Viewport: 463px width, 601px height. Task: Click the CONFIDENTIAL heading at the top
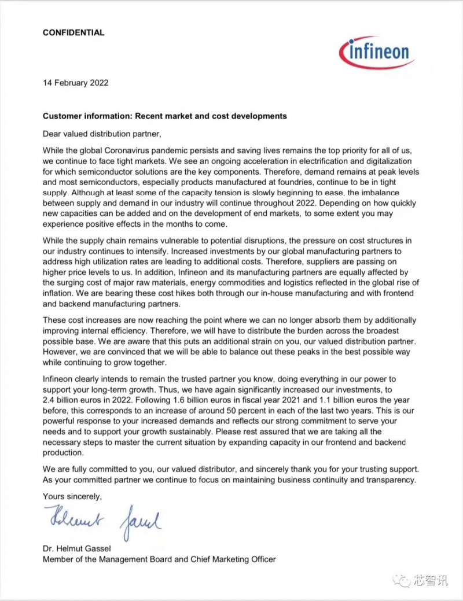click(74, 33)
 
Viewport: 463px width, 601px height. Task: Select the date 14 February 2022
click(75, 83)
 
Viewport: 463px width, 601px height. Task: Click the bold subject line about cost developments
click(164, 116)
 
